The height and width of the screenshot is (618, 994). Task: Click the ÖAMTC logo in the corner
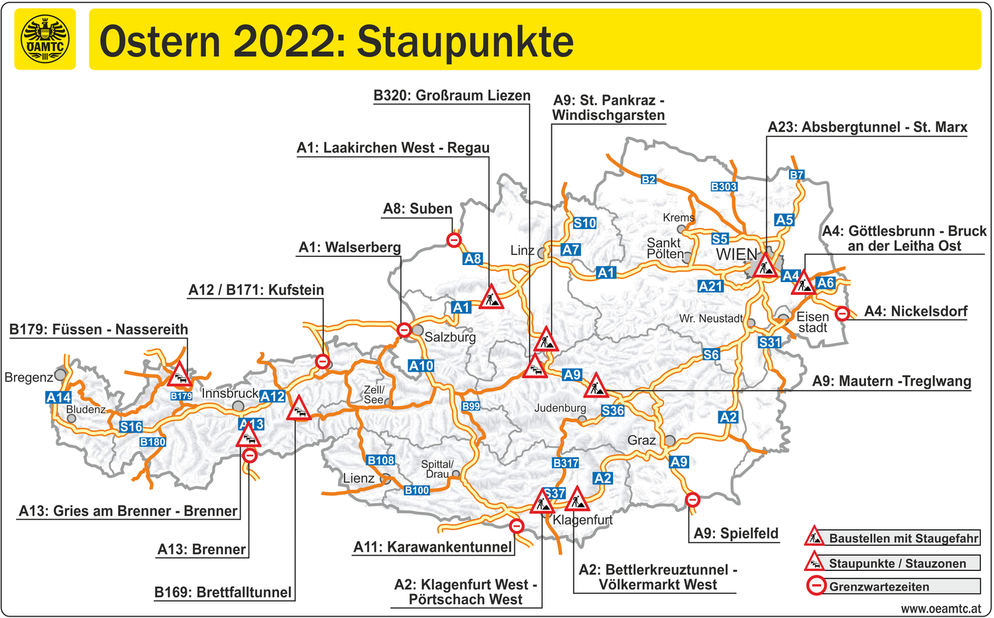[x=45, y=39]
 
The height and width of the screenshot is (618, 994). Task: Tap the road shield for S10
[x=584, y=223]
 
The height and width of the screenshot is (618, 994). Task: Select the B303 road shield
[x=724, y=187]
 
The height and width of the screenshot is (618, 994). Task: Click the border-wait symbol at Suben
[x=454, y=240]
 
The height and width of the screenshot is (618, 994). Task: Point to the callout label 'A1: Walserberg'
[x=349, y=248]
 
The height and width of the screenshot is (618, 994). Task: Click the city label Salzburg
[x=450, y=336]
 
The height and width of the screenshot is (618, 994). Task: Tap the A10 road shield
[x=421, y=366]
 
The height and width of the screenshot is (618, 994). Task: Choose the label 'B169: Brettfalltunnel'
[x=223, y=592]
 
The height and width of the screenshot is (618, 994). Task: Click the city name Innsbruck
[x=229, y=393]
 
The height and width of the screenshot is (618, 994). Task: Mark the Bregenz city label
[x=28, y=378]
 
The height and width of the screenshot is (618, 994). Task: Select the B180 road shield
[x=152, y=442]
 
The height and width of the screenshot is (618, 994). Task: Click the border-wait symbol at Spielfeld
[x=692, y=500]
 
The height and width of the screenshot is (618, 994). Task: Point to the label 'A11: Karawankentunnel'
[x=433, y=547]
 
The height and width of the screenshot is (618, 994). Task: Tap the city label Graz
[x=641, y=440]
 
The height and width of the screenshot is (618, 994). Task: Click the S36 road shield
[x=612, y=411]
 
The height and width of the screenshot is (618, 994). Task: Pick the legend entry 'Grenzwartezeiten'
[x=879, y=587]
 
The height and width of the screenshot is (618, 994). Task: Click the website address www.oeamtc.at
[x=941, y=608]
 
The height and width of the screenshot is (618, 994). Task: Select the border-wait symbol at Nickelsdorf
[x=842, y=313]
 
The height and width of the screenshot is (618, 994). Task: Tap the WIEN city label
[x=736, y=254]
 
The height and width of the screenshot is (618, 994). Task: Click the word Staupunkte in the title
[x=465, y=42]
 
